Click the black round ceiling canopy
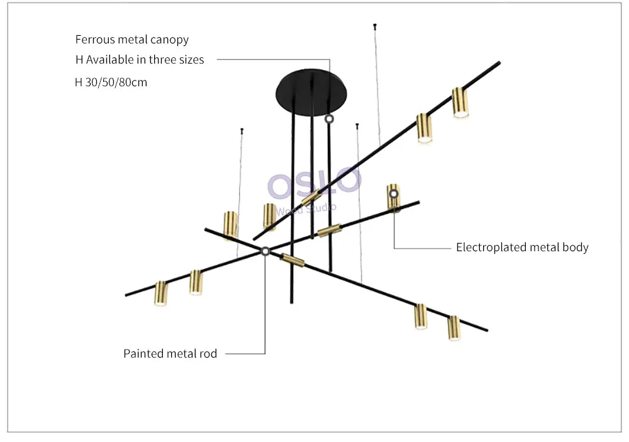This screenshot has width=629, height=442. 311,91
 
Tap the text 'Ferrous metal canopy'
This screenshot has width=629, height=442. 132,40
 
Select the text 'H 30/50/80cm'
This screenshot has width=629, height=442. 111,82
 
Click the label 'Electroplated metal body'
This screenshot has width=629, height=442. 522,247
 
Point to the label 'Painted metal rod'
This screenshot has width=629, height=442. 170,354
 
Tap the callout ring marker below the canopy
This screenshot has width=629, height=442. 329,119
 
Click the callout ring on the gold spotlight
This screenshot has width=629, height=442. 394,195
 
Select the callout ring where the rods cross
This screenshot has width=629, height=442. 265,251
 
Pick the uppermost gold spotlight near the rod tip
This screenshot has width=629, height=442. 460,103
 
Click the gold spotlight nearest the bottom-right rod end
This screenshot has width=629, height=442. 454,328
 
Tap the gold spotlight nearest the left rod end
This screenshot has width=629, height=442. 160,293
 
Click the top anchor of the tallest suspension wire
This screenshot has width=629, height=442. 375,25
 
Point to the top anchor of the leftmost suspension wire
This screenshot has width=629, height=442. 242,130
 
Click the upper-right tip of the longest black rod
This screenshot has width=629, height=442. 499,62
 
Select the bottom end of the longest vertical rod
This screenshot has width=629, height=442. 292,302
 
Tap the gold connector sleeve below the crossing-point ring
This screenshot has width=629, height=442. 292,260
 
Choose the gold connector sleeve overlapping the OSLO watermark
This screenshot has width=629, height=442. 311,197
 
